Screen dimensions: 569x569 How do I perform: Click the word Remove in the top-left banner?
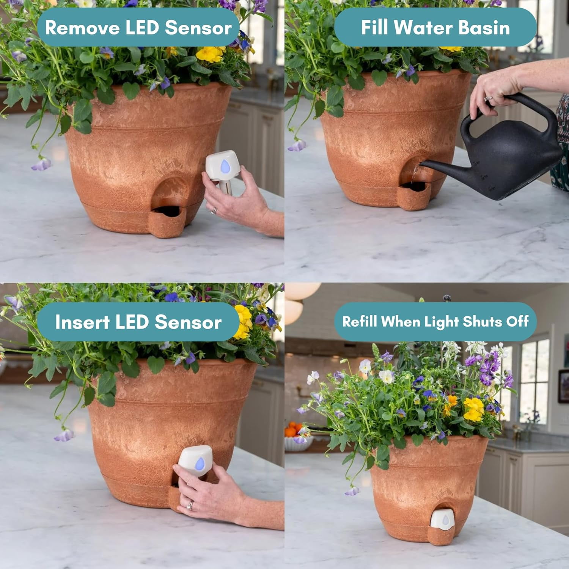[82, 28]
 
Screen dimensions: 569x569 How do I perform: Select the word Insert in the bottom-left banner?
[82, 322]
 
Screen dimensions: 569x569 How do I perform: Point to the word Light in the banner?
[441, 322]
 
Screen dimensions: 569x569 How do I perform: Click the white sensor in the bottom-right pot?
[443, 519]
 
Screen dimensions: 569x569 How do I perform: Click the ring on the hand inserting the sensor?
[191, 505]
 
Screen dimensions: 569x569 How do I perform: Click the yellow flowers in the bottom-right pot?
[474, 409]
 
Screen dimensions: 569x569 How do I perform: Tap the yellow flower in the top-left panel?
[209, 54]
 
